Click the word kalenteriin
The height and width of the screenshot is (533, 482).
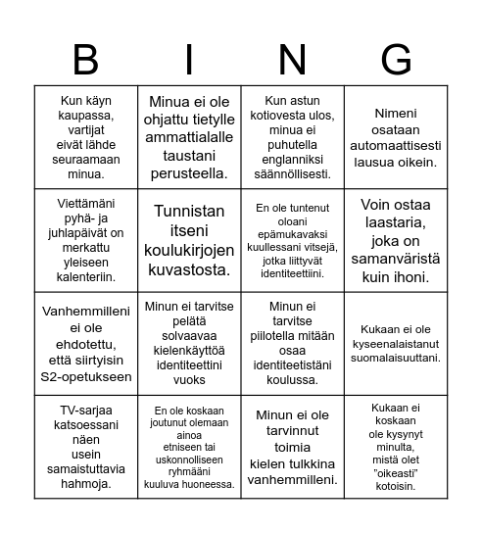click(x=85, y=276)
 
